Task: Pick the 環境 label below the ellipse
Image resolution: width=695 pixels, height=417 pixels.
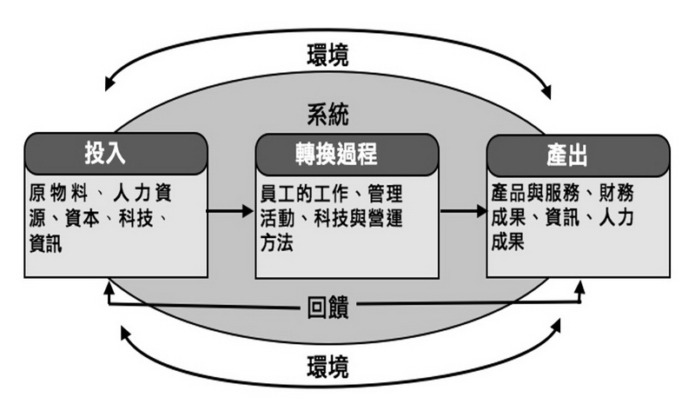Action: pyautogui.click(x=328, y=367)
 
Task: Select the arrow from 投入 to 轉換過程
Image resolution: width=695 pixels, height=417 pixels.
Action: pyautogui.click(x=230, y=210)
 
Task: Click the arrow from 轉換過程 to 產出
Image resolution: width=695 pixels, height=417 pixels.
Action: pyautogui.click(x=461, y=210)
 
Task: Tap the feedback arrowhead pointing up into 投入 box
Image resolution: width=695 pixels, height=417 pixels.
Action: pyautogui.click(x=108, y=288)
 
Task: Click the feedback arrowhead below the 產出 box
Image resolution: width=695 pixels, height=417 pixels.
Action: pyautogui.click(x=580, y=288)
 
